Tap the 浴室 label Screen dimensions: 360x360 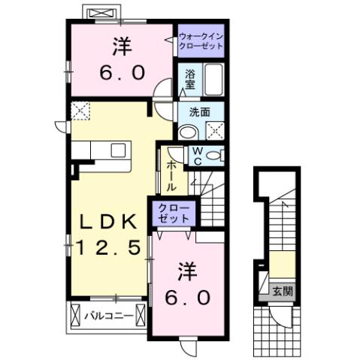189,79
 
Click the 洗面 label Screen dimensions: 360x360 198,113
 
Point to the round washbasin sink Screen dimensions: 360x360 187,130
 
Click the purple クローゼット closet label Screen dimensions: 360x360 174,212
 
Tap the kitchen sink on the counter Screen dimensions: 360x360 119,150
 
